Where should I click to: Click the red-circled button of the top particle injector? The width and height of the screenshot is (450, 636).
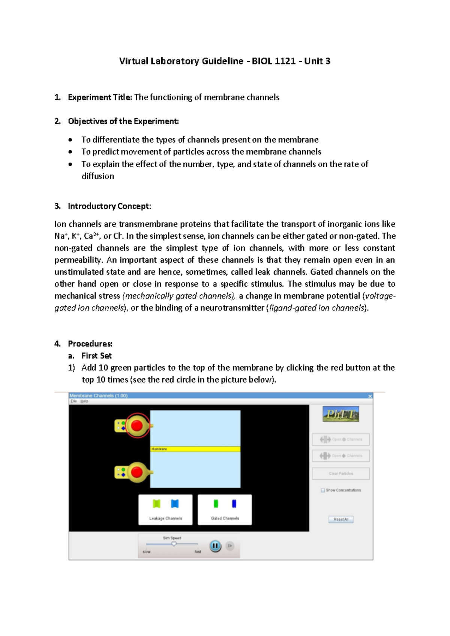pos(137,426)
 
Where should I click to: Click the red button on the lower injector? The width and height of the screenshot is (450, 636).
pos(137,472)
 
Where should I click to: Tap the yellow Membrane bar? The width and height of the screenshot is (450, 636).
pos(195,449)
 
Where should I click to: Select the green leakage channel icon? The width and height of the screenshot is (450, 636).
pos(157,504)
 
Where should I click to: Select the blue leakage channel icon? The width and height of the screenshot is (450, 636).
pos(175,504)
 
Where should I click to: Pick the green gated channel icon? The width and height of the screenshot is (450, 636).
pos(216,504)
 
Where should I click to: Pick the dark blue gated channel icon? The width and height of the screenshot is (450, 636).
pos(234,504)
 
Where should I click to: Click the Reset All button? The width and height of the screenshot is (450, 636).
pos(341,519)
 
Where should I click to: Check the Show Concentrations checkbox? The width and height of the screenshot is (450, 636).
pos(323,490)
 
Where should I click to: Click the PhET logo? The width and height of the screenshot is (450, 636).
pos(340,414)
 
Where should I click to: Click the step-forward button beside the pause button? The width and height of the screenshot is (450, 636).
pos(230,546)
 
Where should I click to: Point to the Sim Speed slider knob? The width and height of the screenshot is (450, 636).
pos(174,544)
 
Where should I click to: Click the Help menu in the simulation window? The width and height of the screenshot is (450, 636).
pos(84,401)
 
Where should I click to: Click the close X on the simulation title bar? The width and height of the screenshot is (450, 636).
pos(370,396)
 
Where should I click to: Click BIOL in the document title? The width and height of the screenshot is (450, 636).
pos(262,61)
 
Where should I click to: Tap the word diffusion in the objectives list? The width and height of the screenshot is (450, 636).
pos(98,176)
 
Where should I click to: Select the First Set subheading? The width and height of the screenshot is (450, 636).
pos(96,355)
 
